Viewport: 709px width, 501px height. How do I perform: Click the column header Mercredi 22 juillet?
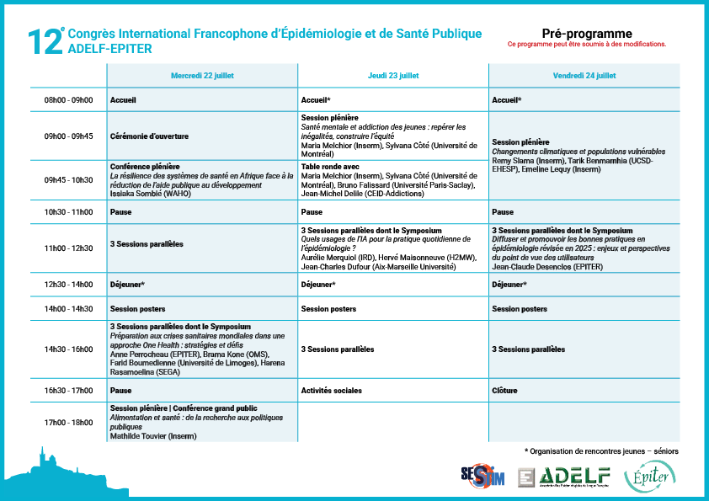point(202,75)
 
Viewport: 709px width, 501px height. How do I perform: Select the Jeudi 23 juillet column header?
point(393,75)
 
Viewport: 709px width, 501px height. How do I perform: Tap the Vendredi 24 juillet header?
point(584,75)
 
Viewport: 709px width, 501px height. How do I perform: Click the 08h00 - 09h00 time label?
point(68,99)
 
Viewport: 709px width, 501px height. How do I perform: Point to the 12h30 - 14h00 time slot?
point(68,285)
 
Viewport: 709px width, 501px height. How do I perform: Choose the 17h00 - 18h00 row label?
point(68,423)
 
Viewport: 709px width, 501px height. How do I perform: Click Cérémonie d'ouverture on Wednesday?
point(149,136)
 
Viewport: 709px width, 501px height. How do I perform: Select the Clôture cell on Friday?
point(504,391)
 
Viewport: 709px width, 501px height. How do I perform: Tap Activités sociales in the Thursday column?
point(331,391)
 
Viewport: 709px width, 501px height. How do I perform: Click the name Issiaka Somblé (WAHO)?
point(148,192)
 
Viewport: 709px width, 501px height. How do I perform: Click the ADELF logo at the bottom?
point(564,476)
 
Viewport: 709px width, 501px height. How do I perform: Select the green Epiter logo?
point(649,476)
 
